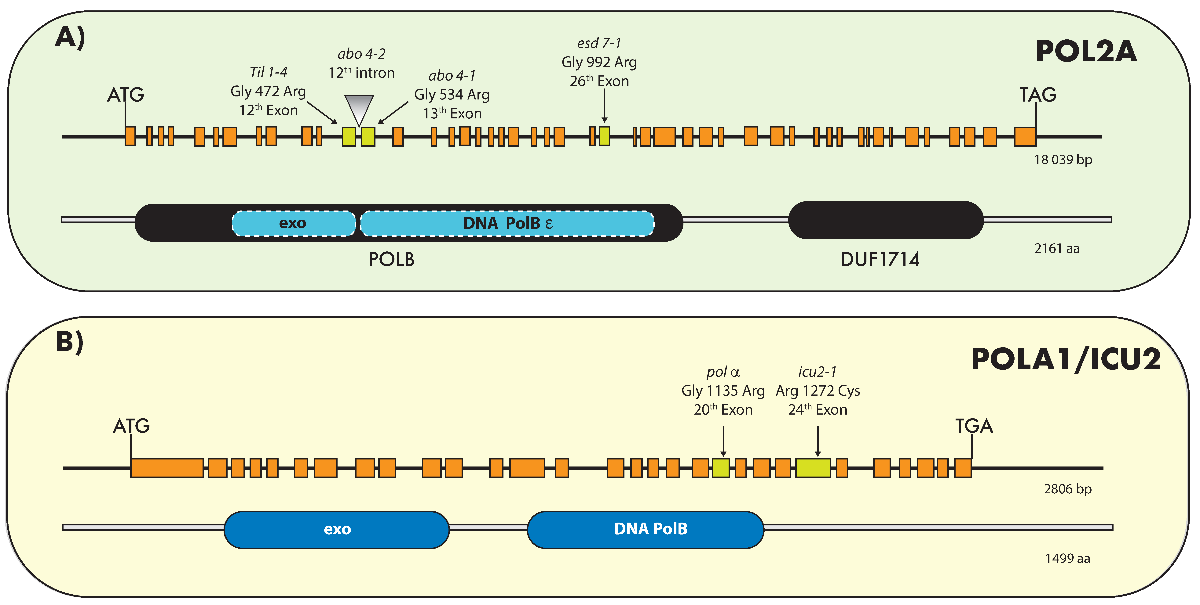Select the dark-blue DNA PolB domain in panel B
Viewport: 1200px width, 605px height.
point(646,530)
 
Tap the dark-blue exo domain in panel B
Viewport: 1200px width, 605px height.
point(337,530)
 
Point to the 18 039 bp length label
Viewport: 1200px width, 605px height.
point(1063,160)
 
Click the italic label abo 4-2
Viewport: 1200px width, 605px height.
point(361,54)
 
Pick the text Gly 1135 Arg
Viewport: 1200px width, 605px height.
point(723,391)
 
